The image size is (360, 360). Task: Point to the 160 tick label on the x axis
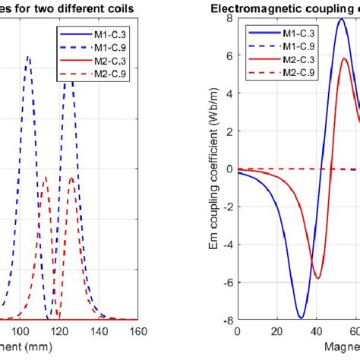click(x=137, y=332)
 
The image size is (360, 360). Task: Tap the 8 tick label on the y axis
click(x=227, y=18)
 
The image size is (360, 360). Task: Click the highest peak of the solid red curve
click(x=345, y=58)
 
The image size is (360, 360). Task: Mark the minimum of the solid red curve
click(x=317, y=278)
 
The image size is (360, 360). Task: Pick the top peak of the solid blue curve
click(x=341, y=19)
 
